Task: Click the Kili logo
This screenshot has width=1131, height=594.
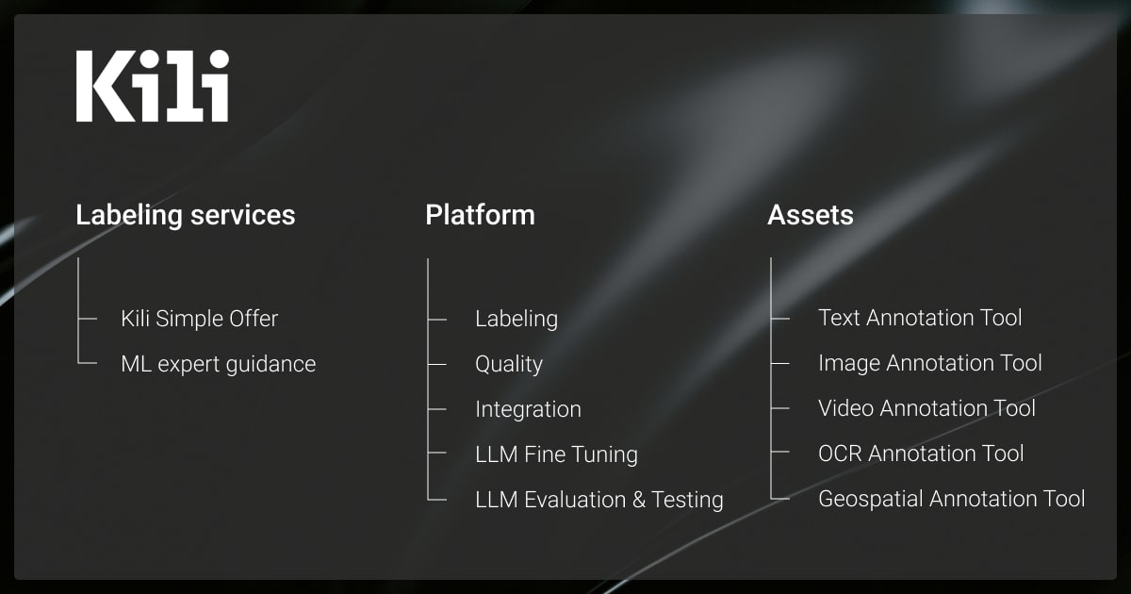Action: click(x=153, y=86)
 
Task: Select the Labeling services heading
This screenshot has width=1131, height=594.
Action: click(x=186, y=216)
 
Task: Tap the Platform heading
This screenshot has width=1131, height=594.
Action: click(x=480, y=215)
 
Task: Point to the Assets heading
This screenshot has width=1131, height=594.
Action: click(x=811, y=215)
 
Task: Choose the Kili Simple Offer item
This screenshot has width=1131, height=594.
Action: click(x=200, y=319)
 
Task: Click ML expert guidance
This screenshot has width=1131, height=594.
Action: click(x=218, y=365)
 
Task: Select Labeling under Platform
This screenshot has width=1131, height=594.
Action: click(x=516, y=320)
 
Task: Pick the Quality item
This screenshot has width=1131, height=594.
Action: click(x=509, y=364)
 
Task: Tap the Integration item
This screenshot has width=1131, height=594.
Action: click(x=528, y=409)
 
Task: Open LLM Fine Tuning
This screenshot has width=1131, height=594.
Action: click(x=556, y=454)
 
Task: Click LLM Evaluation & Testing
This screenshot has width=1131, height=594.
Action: click(x=599, y=500)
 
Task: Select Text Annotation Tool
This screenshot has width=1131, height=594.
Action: click(x=920, y=318)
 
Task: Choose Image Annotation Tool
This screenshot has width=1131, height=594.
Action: click(x=930, y=363)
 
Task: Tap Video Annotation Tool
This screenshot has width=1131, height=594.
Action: click(x=927, y=408)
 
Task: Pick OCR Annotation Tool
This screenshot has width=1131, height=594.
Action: click(x=921, y=454)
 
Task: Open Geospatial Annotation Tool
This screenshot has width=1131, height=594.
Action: click(x=952, y=499)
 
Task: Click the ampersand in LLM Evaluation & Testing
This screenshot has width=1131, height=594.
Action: click(x=639, y=500)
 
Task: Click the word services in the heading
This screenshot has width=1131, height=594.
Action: click(x=243, y=216)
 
